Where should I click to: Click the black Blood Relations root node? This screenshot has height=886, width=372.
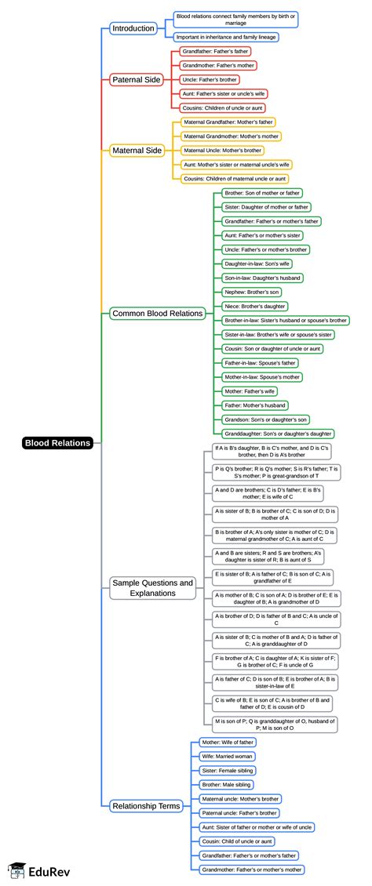pos(58,443)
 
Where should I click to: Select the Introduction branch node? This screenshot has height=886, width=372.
pos(133,28)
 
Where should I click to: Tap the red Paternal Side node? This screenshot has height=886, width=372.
pos(137,79)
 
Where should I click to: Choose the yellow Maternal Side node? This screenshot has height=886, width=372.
pos(138,150)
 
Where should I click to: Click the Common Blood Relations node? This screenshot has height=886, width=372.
pos(158,314)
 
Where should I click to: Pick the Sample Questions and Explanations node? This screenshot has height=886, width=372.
pos(152,588)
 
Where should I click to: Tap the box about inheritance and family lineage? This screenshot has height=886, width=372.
pos(226,37)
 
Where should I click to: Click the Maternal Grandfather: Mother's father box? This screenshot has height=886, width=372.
pos(228,122)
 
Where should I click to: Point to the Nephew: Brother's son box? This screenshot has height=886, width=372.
pos(251,292)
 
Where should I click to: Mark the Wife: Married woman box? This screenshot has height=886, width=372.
pos(228,757)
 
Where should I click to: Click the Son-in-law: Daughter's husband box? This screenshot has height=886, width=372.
pos(262,278)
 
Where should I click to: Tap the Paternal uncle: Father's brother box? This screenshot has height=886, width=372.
pos(240,812)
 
